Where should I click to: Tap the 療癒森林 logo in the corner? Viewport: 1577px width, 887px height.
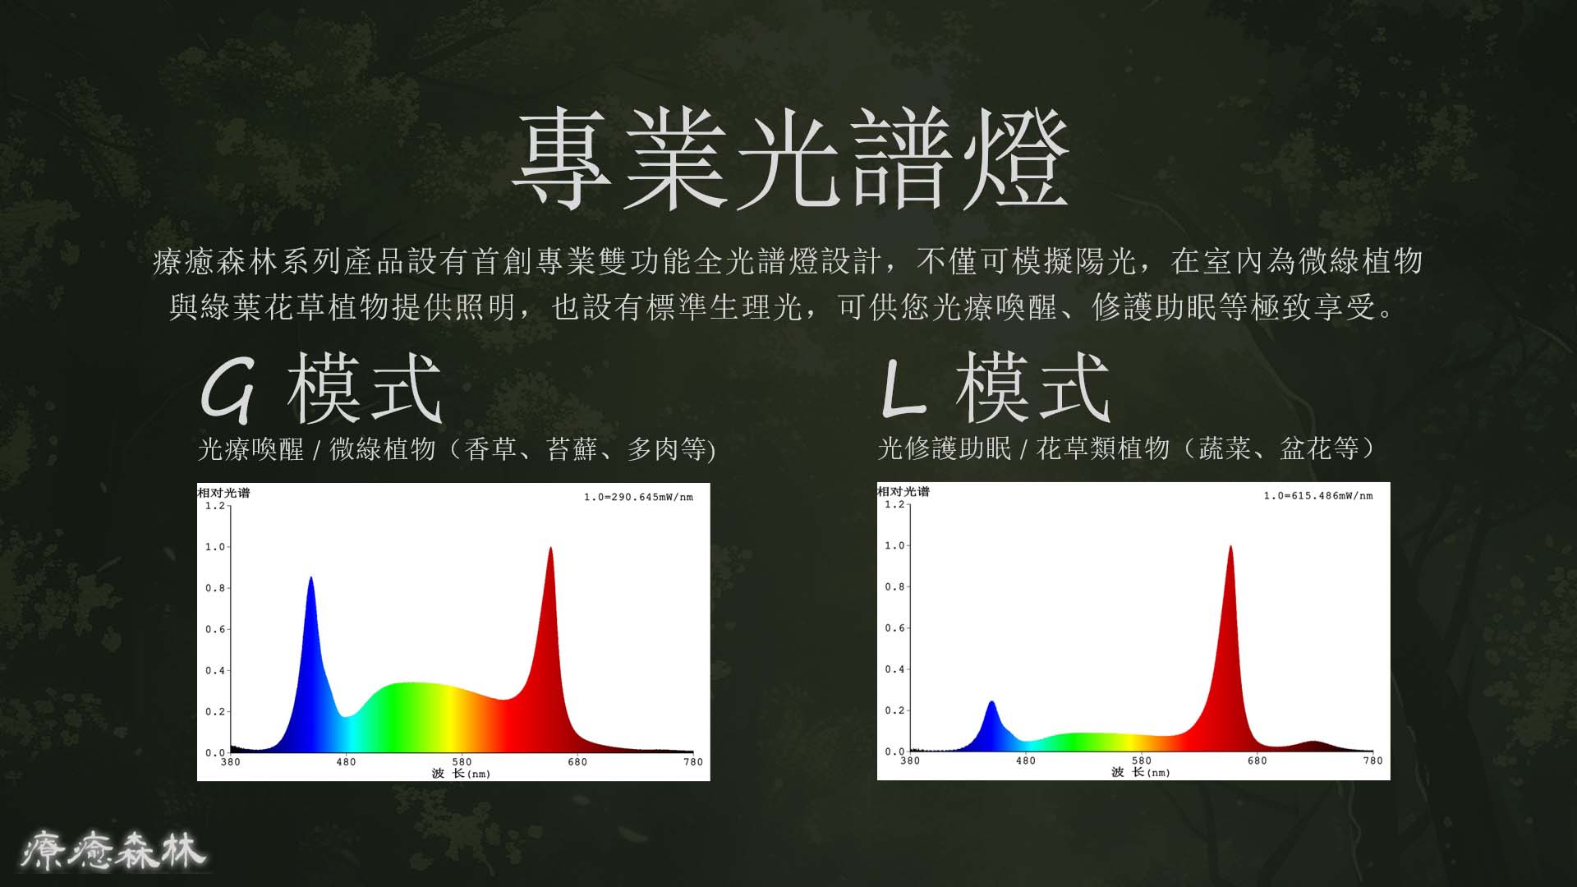114,850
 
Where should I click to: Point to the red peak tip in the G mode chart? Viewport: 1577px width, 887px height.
550,548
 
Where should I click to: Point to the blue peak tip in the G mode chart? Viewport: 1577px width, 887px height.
310,577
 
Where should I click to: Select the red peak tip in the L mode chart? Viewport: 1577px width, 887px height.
1230,546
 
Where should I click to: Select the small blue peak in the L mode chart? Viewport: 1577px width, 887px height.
992,701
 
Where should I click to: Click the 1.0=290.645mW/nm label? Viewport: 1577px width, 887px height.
638,497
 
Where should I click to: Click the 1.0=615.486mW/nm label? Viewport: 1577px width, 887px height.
1318,495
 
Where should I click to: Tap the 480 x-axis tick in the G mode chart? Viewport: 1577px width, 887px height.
347,762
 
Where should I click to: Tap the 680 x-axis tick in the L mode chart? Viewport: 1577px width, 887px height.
1257,761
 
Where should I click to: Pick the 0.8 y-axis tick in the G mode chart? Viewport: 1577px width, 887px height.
215,588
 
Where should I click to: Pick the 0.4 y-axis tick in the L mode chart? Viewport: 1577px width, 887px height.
894,669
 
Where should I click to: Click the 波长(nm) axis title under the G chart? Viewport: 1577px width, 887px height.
461,773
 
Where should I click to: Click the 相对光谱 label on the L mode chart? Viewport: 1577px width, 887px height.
903,491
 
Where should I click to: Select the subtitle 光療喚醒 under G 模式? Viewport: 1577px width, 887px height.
251,449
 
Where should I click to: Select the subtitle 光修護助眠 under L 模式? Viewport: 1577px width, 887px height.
945,448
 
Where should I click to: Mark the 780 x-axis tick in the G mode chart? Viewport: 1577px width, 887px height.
693,762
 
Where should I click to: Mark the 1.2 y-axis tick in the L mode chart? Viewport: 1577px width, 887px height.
894,504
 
